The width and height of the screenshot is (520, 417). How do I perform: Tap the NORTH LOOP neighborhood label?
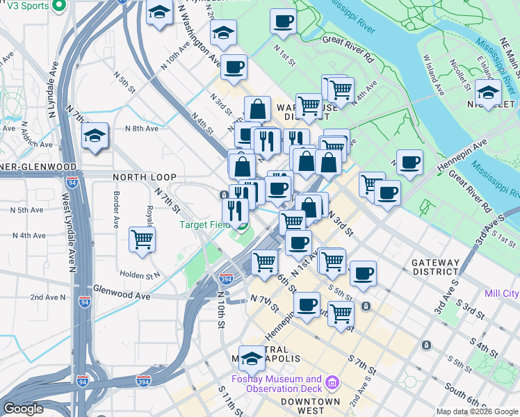[145, 177]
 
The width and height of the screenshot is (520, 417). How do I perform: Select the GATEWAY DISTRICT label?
[435, 268]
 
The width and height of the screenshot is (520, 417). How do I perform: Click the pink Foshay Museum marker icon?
[332, 383]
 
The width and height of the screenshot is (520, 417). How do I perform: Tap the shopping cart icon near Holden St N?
[143, 239]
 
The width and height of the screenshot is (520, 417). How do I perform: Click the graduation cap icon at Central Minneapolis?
[252, 358]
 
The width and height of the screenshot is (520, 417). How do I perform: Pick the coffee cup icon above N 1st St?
[283, 21]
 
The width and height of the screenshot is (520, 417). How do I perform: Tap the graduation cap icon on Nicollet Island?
[488, 92]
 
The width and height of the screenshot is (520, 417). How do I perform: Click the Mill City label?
[503, 294]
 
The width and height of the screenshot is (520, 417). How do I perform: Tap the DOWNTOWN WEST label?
[311, 402]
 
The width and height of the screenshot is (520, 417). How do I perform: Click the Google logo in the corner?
[23, 409]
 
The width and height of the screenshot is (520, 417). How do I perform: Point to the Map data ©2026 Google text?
[476, 411]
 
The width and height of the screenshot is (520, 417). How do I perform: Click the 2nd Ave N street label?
[48, 297]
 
